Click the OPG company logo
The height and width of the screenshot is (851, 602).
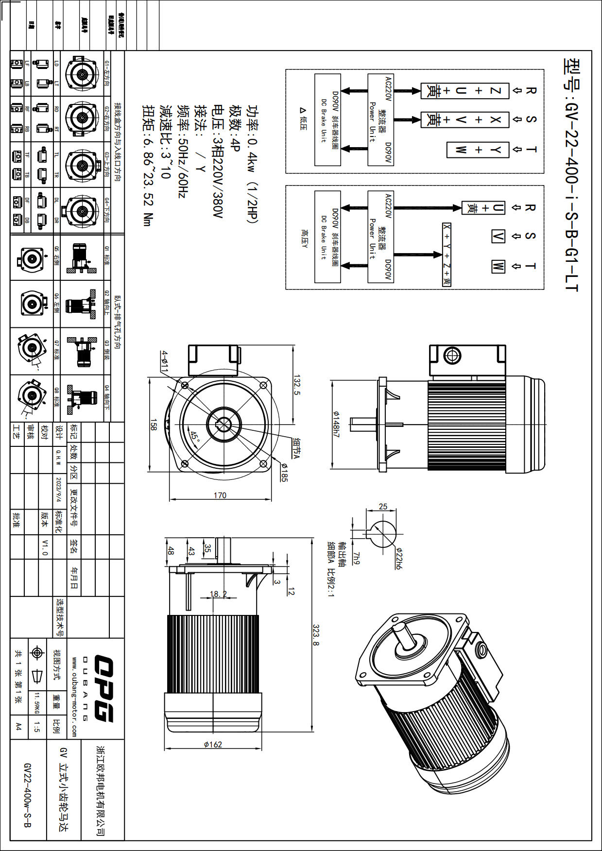[x=103, y=688]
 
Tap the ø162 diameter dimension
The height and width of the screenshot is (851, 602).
[x=213, y=744]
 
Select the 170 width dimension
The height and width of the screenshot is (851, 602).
[x=220, y=495]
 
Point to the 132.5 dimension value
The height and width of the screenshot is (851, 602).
[x=297, y=384]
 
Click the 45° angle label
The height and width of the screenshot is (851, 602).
[x=195, y=436]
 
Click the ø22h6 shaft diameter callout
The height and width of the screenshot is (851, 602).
[x=398, y=559]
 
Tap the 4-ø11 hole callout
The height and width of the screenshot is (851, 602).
[x=165, y=361]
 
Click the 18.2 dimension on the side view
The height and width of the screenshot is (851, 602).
[x=218, y=594]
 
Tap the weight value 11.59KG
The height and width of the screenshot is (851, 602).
[x=36, y=703]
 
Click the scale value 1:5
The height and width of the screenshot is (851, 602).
[x=37, y=727]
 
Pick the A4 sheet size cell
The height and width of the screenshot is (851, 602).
[x=18, y=726]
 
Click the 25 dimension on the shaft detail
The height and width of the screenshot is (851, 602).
[x=383, y=507]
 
